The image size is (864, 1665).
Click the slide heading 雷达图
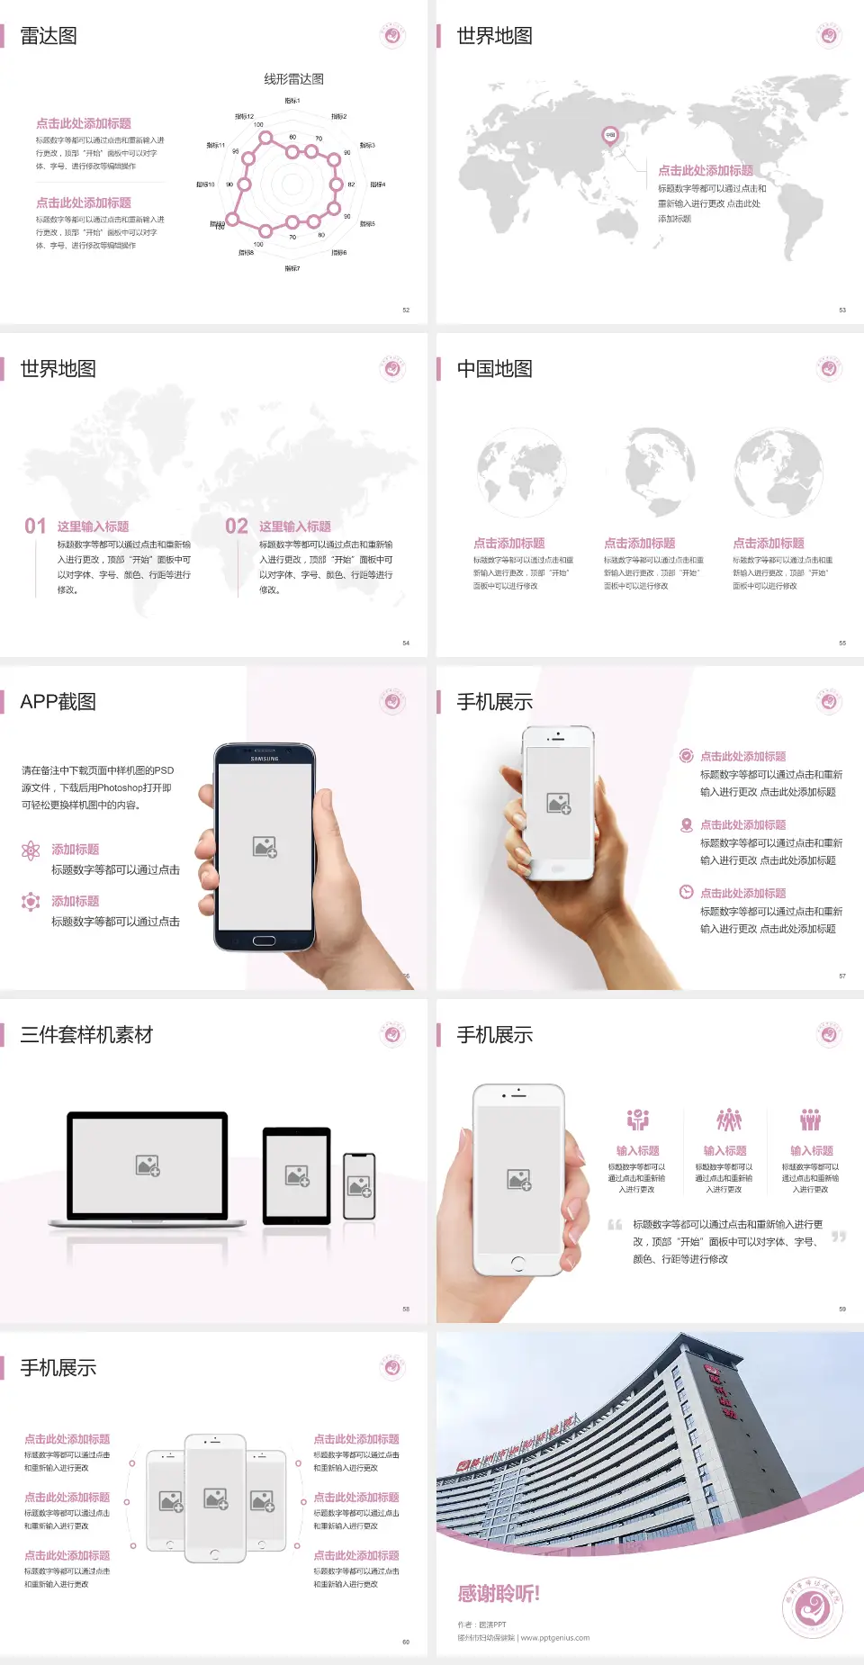(49, 36)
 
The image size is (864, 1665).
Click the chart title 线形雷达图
(293, 79)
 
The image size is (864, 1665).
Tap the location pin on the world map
(609, 136)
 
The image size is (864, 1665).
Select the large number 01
(35, 526)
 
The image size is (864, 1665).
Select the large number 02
(237, 526)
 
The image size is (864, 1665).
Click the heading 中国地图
(494, 369)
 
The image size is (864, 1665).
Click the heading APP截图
(58, 702)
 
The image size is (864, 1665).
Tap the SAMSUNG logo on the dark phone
(265, 759)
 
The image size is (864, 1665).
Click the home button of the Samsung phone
(264, 940)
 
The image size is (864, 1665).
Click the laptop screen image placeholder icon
(148, 1165)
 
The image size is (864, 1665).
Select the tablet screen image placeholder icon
(297, 1175)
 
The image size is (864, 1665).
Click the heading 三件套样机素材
(86, 1035)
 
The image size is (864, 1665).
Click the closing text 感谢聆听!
(499, 1594)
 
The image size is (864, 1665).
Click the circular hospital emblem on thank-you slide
(813, 1606)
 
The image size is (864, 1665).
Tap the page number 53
(842, 310)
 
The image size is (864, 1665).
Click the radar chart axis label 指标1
(292, 101)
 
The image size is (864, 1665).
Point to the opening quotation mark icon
(615, 1225)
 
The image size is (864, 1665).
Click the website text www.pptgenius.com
(554, 1638)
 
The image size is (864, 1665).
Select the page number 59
(842, 1309)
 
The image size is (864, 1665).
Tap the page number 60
(406, 1642)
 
